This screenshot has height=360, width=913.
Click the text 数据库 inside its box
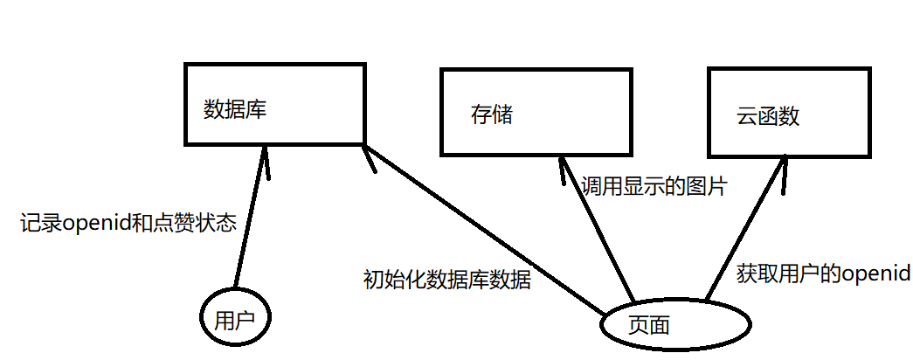point(235,111)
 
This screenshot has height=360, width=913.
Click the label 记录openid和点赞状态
point(128,224)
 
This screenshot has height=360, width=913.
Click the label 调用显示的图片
point(654,185)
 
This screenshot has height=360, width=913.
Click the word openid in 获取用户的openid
point(875,274)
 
